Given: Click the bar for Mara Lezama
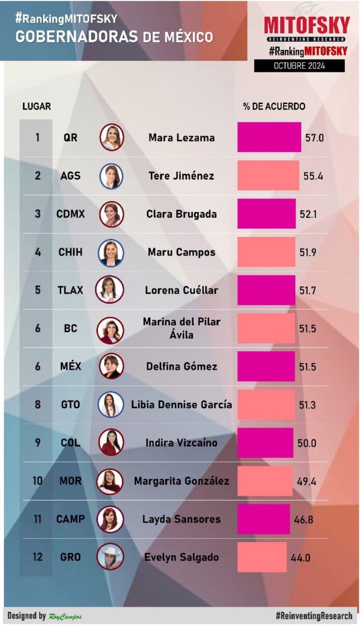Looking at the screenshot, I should [269, 137].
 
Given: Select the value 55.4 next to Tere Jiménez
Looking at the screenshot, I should [313, 176].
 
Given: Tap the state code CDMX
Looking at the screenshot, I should [71, 214].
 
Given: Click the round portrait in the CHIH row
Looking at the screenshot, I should [111, 252].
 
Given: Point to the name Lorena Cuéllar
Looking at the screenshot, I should [181, 290].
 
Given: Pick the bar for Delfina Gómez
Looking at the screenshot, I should [266, 366].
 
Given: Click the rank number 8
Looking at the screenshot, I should [38, 405].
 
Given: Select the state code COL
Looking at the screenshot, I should [71, 443].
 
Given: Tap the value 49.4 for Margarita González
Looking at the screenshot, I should [306, 481].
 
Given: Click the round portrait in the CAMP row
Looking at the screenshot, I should [111, 519].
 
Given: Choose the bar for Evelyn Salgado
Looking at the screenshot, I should [262, 557].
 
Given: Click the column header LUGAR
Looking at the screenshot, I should [36, 107].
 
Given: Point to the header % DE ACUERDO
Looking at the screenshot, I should [274, 107].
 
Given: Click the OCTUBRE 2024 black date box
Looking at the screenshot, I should [299, 66].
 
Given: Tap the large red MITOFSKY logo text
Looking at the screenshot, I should [306, 25].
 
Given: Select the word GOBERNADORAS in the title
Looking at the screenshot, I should [76, 37].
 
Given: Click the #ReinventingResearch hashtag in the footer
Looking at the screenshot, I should [314, 616].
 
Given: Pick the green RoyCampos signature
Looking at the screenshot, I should [65, 616].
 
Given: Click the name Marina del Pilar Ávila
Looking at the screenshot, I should [182, 328].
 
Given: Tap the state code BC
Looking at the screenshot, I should [71, 328].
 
